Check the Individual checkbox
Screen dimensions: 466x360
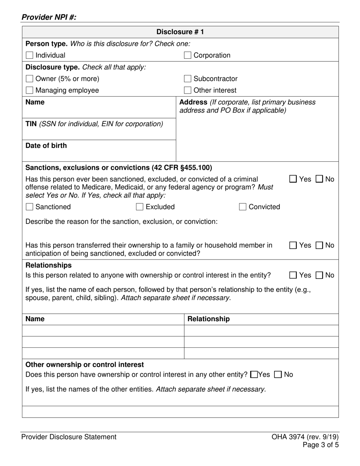coord(30,55)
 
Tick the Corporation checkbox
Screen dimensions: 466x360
coord(188,55)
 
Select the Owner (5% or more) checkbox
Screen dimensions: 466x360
coord(30,79)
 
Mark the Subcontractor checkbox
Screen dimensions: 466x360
coord(188,79)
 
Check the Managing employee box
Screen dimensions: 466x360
coord(30,90)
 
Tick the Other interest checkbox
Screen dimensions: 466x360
coord(188,90)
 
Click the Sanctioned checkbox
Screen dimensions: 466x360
coord(30,207)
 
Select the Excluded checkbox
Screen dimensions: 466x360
coord(140,207)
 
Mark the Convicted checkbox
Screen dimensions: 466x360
coord(243,207)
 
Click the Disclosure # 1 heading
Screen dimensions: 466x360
coord(180,32)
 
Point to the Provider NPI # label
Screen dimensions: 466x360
coord(49,17)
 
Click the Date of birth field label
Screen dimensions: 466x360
coord(46,146)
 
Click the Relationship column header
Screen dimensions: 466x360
coord(208,319)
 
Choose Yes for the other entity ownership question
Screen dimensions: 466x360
coord(255,375)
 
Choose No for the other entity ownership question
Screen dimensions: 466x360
coord(278,375)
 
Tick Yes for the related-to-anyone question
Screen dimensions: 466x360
coord(293,275)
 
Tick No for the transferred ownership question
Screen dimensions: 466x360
coord(319,246)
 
